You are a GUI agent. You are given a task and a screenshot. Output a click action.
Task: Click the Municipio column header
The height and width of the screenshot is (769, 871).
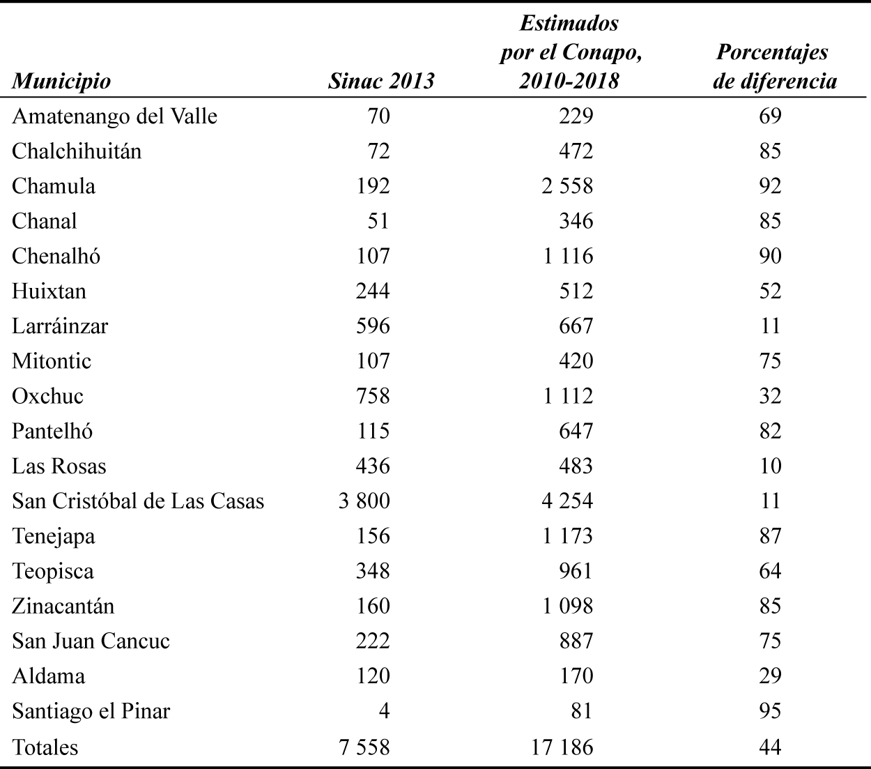point(61,81)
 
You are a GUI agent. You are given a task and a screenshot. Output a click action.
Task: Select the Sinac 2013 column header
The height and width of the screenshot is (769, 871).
point(380,81)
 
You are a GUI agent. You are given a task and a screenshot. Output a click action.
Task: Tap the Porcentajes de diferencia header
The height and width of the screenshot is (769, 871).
point(773,67)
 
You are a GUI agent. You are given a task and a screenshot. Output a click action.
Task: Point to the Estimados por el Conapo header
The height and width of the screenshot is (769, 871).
point(569,52)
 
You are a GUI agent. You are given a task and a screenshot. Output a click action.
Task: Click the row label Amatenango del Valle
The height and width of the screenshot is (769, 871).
point(114,116)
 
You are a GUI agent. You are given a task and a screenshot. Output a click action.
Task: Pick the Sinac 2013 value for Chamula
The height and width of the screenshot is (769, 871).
point(373,186)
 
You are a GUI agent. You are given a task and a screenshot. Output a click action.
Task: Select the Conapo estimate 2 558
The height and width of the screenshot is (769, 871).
point(567,186)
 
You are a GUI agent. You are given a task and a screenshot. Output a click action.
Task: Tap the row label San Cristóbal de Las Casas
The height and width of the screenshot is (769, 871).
point(138,501)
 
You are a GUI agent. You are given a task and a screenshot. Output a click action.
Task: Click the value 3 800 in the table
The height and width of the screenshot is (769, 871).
point(364,501)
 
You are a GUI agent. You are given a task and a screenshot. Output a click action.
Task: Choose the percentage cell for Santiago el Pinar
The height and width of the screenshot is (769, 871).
point(770,711)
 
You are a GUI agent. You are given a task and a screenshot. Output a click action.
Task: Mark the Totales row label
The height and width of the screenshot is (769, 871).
point(45,747)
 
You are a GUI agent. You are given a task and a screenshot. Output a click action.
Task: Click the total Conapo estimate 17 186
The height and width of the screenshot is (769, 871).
point(562,747)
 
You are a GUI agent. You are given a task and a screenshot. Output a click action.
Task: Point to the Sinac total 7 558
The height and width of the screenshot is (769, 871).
point(364,747)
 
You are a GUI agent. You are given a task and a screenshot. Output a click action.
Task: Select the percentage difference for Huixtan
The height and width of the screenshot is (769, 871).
point(770,291)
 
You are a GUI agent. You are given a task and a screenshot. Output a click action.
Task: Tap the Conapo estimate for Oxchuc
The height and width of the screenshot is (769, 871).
point(567,396)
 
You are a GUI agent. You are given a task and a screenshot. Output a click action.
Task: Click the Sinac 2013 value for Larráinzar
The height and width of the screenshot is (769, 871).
point(373,326)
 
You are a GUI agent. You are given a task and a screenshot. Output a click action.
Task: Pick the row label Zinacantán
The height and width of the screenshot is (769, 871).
point(63,606)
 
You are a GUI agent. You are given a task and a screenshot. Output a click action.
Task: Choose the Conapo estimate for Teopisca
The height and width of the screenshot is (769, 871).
point(576,571)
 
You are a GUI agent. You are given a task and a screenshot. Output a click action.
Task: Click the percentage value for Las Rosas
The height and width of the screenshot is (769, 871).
point(770,466)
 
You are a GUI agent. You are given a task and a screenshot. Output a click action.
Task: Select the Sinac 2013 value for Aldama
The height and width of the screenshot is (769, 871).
point(373,676)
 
